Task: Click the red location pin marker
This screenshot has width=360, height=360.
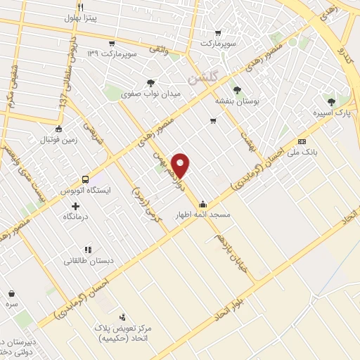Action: (x=181, y=165)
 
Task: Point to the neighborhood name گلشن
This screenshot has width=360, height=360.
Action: (x=204, y=74)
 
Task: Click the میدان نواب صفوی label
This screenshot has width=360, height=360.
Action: (x=151, y=93)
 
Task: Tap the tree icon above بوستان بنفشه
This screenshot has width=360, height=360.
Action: (x=236, y=90)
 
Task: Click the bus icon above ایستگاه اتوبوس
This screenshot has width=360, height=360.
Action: (x=85, y=179)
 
